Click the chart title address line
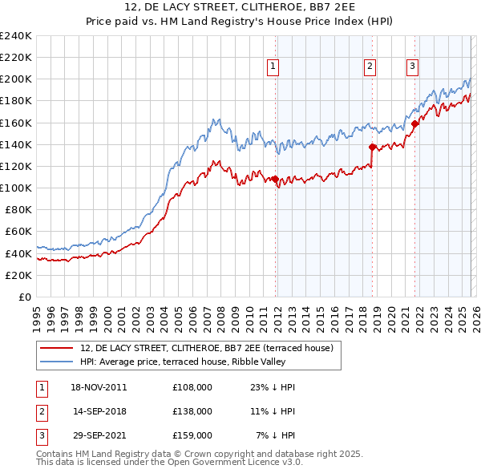[240, 7]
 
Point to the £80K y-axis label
[18, 209]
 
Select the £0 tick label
[24, 297]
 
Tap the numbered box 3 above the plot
[412, 67]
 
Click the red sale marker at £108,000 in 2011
[275, 179]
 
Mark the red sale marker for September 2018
[372, 147]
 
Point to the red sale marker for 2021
[414, 124]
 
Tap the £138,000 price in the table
[192, 411]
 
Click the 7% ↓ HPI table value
[276, 435]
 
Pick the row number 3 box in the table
[39, 435]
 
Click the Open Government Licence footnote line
[169, 463]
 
